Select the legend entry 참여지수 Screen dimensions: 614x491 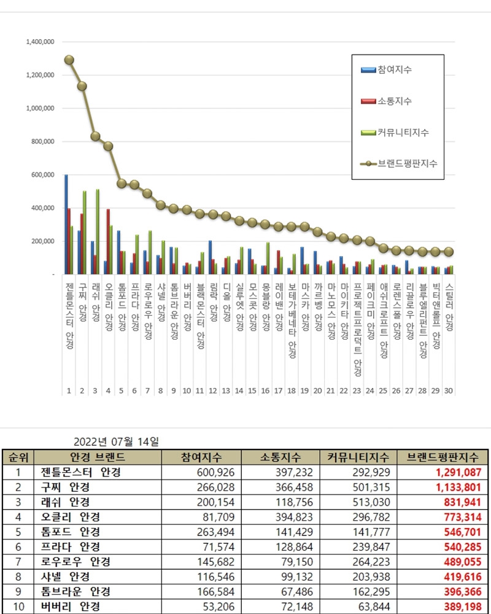tap(395, 70)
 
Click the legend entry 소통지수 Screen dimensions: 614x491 tap(395, 101)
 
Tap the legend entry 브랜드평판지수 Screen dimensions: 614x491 tap(407, 163)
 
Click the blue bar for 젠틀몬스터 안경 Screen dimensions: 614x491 tap(66, 224)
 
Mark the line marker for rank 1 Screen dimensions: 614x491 tap(69, 60)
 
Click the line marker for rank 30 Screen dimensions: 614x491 tap(449, 252)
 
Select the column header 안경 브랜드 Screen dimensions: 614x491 tap(98, 457)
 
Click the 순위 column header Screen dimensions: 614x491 tap(18, 457)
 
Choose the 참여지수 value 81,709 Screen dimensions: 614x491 tap(215, 516)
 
